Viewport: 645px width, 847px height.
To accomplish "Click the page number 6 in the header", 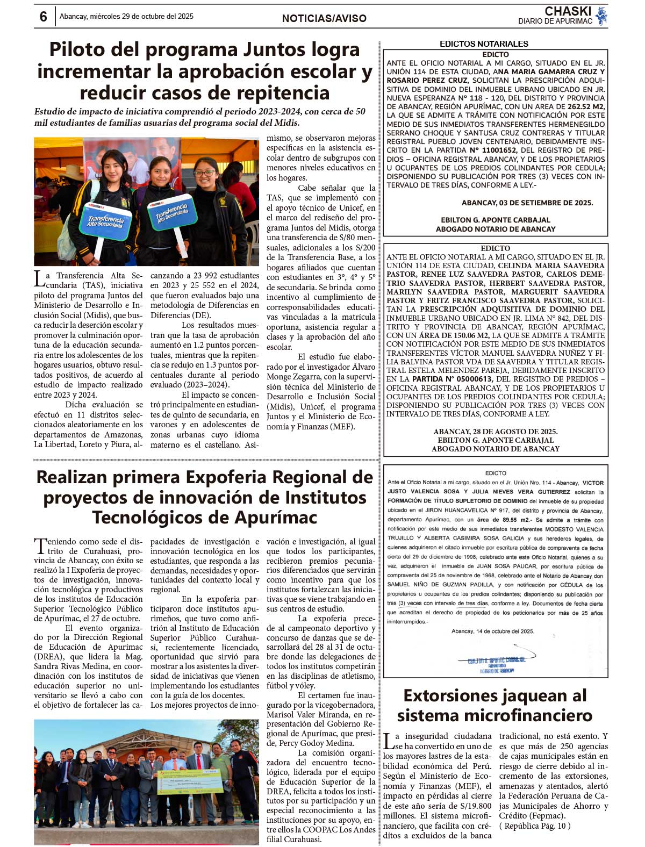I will point(43,17).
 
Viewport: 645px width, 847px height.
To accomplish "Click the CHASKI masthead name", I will point(568,11).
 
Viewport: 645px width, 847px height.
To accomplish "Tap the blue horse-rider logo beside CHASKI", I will point(601,16).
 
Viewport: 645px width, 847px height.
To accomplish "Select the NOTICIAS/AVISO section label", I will point(324,18).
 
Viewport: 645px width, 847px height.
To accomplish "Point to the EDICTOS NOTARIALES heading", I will point(484,44).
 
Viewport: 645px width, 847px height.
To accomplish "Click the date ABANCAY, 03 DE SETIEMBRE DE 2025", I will point(527,203).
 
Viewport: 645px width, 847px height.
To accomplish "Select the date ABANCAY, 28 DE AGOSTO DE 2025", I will point(495,432).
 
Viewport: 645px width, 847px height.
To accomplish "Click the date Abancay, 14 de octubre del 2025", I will point(492,631).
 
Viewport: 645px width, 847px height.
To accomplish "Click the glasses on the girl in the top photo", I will point(205,173).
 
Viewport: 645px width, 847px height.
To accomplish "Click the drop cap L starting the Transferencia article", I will point(39,278).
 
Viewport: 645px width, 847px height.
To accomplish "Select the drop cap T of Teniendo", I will point(40,545).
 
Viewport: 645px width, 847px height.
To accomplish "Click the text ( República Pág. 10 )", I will point(535,826).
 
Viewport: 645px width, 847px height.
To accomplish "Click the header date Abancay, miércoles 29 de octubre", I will point(126,17).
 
